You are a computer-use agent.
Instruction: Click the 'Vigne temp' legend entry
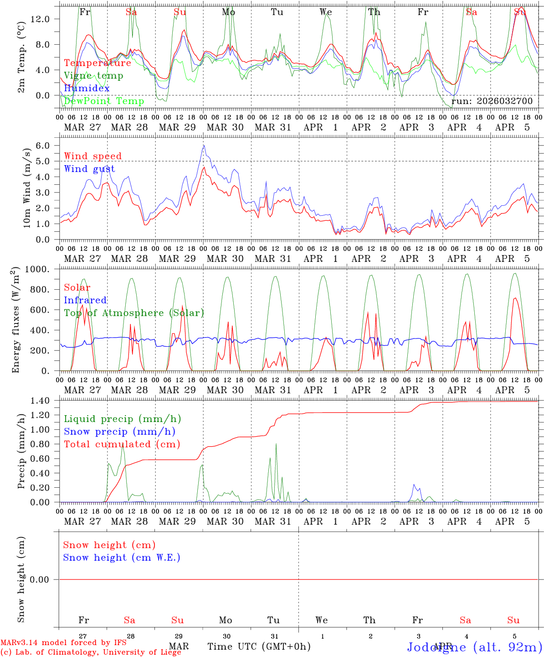click(x=93, y=76)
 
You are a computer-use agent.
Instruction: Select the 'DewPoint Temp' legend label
click(x=104, y=101)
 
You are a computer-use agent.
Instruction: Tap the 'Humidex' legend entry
click(x=87, y=89)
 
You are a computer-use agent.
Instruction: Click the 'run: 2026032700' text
click(x=492, y=101)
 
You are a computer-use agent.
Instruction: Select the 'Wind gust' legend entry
click(x=89, y=169)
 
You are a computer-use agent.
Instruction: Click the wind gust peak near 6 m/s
click(x=204, y=146)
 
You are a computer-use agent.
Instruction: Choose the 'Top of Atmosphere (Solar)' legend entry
click(x=134, y=313)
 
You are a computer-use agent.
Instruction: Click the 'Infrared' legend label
click(x=85, y=300)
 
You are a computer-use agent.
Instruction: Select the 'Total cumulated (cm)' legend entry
click(x=122, y=444)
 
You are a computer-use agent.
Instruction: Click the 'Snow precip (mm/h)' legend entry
click(x=119, y=432)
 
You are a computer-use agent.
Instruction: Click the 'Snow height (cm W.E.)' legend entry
click(x=122, y=558)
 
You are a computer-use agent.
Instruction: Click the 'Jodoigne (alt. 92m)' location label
click(x=474, y=647)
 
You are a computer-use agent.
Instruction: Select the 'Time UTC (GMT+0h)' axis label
click(x=259, y=647)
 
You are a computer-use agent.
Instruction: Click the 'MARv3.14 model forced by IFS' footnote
click(x=63, y=643)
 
